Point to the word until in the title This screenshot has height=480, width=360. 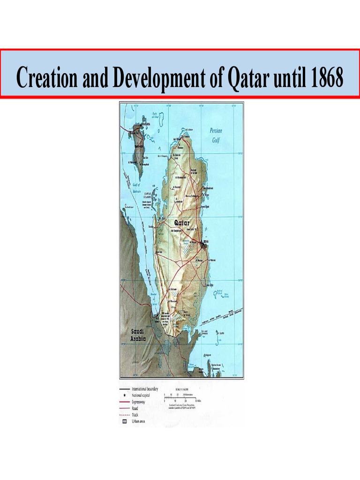point(288,78)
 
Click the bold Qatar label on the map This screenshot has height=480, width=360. point(182,223)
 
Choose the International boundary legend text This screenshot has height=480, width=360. point(145,389)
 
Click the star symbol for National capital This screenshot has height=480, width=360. point(125,396)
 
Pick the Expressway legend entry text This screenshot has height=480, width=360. point(143,402)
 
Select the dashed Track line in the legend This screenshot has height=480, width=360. point(125,415)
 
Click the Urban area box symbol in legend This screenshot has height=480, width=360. point(125,422)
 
